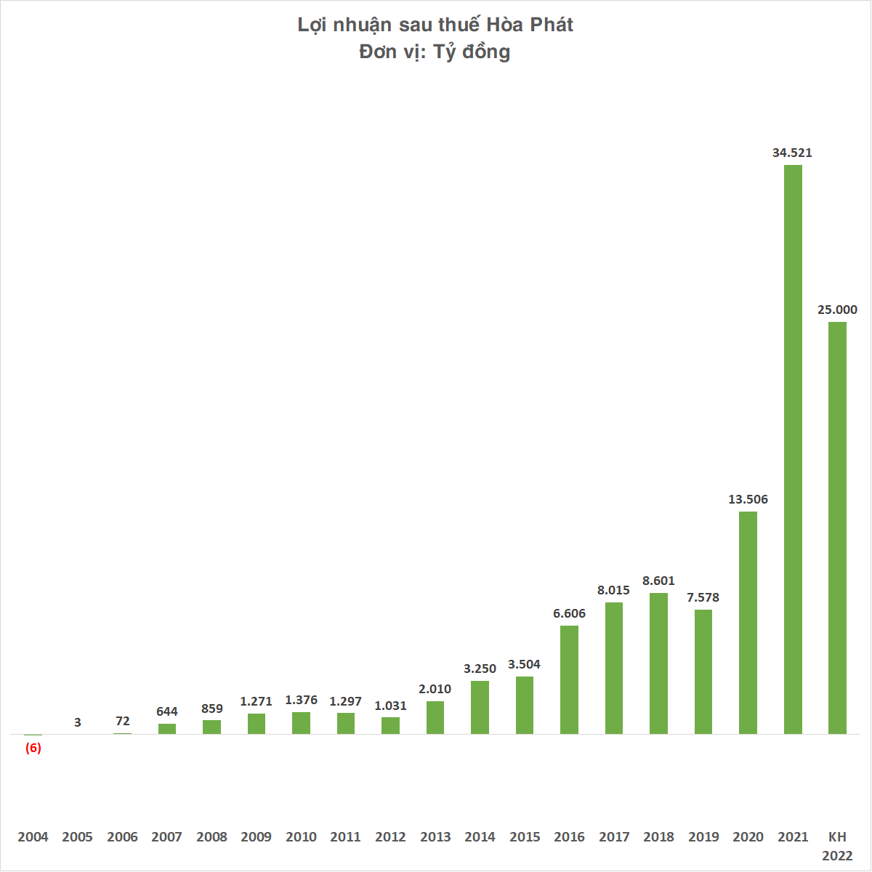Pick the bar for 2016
point(569,679)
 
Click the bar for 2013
point(435,717)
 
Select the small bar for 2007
point(167,728)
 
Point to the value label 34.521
point(792,153)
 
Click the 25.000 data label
point(837,310)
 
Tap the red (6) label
point(33,748)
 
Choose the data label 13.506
point(748,499)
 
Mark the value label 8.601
point(658,581)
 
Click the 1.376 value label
point(301,700)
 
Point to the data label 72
point(123,721)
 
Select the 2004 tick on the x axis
point(33,836)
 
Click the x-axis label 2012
point(390,836)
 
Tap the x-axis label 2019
point(703,836)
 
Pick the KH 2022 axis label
point(837,846)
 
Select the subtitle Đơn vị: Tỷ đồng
point(435,52)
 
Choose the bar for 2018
point(658,663)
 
